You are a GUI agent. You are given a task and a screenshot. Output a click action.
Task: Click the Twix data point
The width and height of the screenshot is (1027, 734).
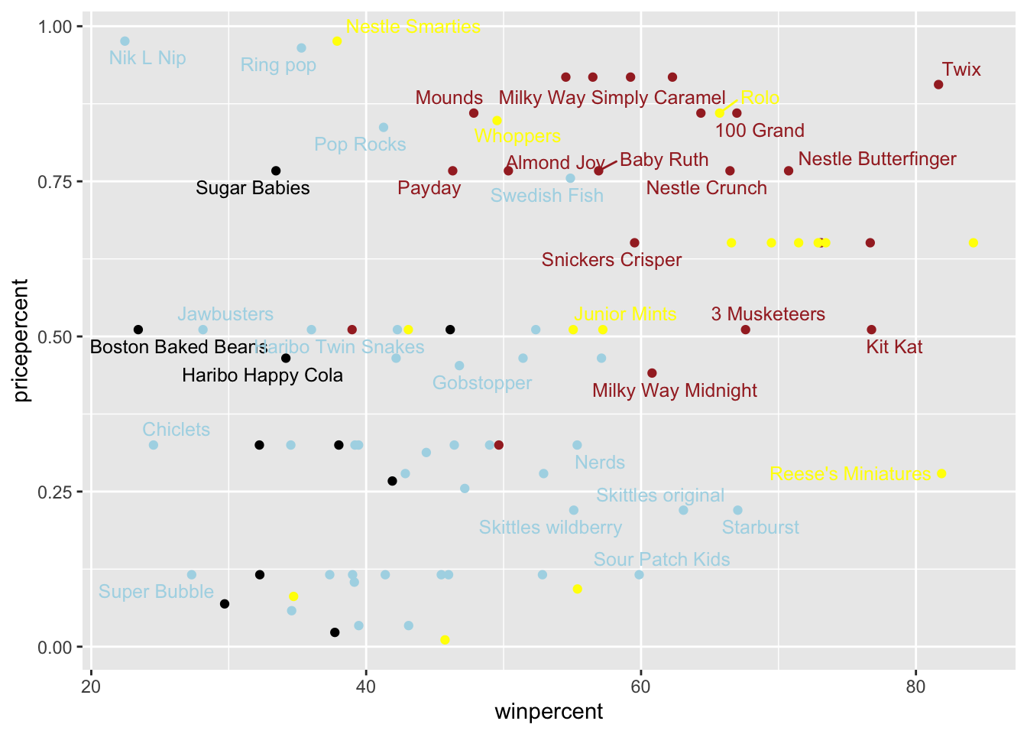tap(938, 84)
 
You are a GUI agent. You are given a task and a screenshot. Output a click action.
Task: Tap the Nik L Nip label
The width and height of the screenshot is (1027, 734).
tap(147, 58)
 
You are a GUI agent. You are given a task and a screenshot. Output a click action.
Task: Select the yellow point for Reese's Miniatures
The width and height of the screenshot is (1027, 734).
tap(941, 473)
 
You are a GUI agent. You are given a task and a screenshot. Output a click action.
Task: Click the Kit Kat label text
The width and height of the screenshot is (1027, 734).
tap(894, 347)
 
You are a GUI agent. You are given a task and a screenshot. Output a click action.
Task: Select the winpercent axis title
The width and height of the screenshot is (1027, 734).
tap(549, 712)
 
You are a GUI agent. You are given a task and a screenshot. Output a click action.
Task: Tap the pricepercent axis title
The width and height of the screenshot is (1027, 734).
tap(21, 340)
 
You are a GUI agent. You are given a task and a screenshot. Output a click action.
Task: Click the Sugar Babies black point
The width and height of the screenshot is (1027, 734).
tap(276, 171)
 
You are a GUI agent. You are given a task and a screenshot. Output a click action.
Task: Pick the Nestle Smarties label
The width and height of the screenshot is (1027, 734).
tap(413, 27)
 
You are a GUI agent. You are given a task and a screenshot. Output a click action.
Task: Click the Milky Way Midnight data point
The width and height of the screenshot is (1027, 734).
tap(652, 373)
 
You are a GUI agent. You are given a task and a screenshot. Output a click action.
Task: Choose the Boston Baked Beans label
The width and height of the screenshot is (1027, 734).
tap(179, 347)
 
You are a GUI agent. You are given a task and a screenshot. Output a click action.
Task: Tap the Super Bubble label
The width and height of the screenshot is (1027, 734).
tap(156, 592)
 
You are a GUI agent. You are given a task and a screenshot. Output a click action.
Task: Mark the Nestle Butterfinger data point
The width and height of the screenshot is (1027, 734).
tap(789, 171)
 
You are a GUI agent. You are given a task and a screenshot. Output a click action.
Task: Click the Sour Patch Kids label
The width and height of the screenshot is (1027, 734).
tap(662, 560)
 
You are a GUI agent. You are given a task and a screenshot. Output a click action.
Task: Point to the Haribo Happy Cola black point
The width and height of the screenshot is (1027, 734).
tap(286, 358)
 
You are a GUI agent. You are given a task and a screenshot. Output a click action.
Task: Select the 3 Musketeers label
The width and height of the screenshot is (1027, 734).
tap(768, 314)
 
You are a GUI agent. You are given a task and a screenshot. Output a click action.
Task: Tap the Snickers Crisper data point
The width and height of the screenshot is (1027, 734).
tap(634, 243)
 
